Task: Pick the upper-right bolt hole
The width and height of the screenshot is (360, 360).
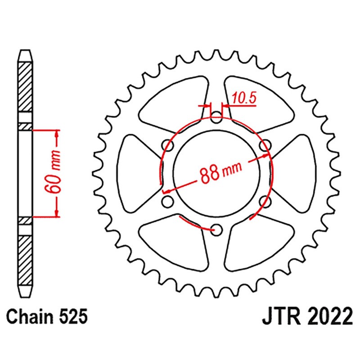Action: pos(265,145)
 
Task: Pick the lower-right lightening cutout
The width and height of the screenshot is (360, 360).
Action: pos(256,243)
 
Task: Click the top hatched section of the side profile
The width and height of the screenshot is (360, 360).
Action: pos(26,88)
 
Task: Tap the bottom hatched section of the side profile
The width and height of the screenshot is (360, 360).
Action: pos(26,256)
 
